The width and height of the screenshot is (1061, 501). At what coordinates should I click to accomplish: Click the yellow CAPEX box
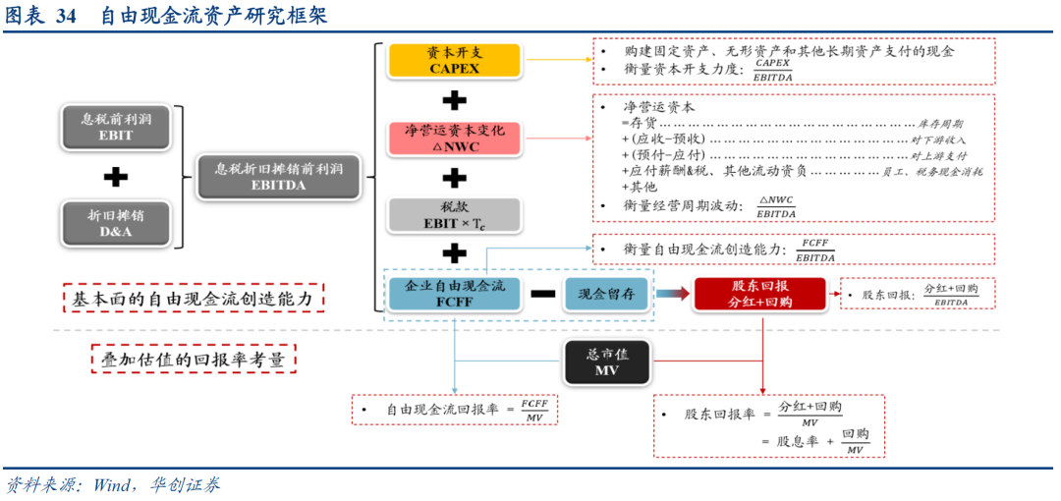pos(453,60)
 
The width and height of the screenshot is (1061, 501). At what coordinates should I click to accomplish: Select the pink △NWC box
pos(453,138)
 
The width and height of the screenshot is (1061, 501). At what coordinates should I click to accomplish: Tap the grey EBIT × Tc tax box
pos(453,215)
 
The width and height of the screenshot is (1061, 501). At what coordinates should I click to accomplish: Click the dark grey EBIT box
pos(115,126)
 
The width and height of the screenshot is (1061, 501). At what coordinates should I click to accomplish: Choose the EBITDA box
pos(278,176)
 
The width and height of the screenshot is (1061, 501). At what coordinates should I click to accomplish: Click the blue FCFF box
pos(454,293)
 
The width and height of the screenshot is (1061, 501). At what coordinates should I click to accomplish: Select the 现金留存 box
pos(605,293)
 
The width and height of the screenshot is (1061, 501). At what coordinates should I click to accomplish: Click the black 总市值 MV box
pos(606,362)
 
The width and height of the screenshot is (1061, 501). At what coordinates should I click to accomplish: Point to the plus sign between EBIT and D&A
pos(116,177)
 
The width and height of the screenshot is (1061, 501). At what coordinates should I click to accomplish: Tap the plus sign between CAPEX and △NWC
pos(454,100)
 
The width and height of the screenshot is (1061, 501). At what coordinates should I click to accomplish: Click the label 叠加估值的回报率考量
pos(193,360)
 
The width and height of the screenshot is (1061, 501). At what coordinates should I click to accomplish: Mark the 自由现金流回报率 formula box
pos(454,410)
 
